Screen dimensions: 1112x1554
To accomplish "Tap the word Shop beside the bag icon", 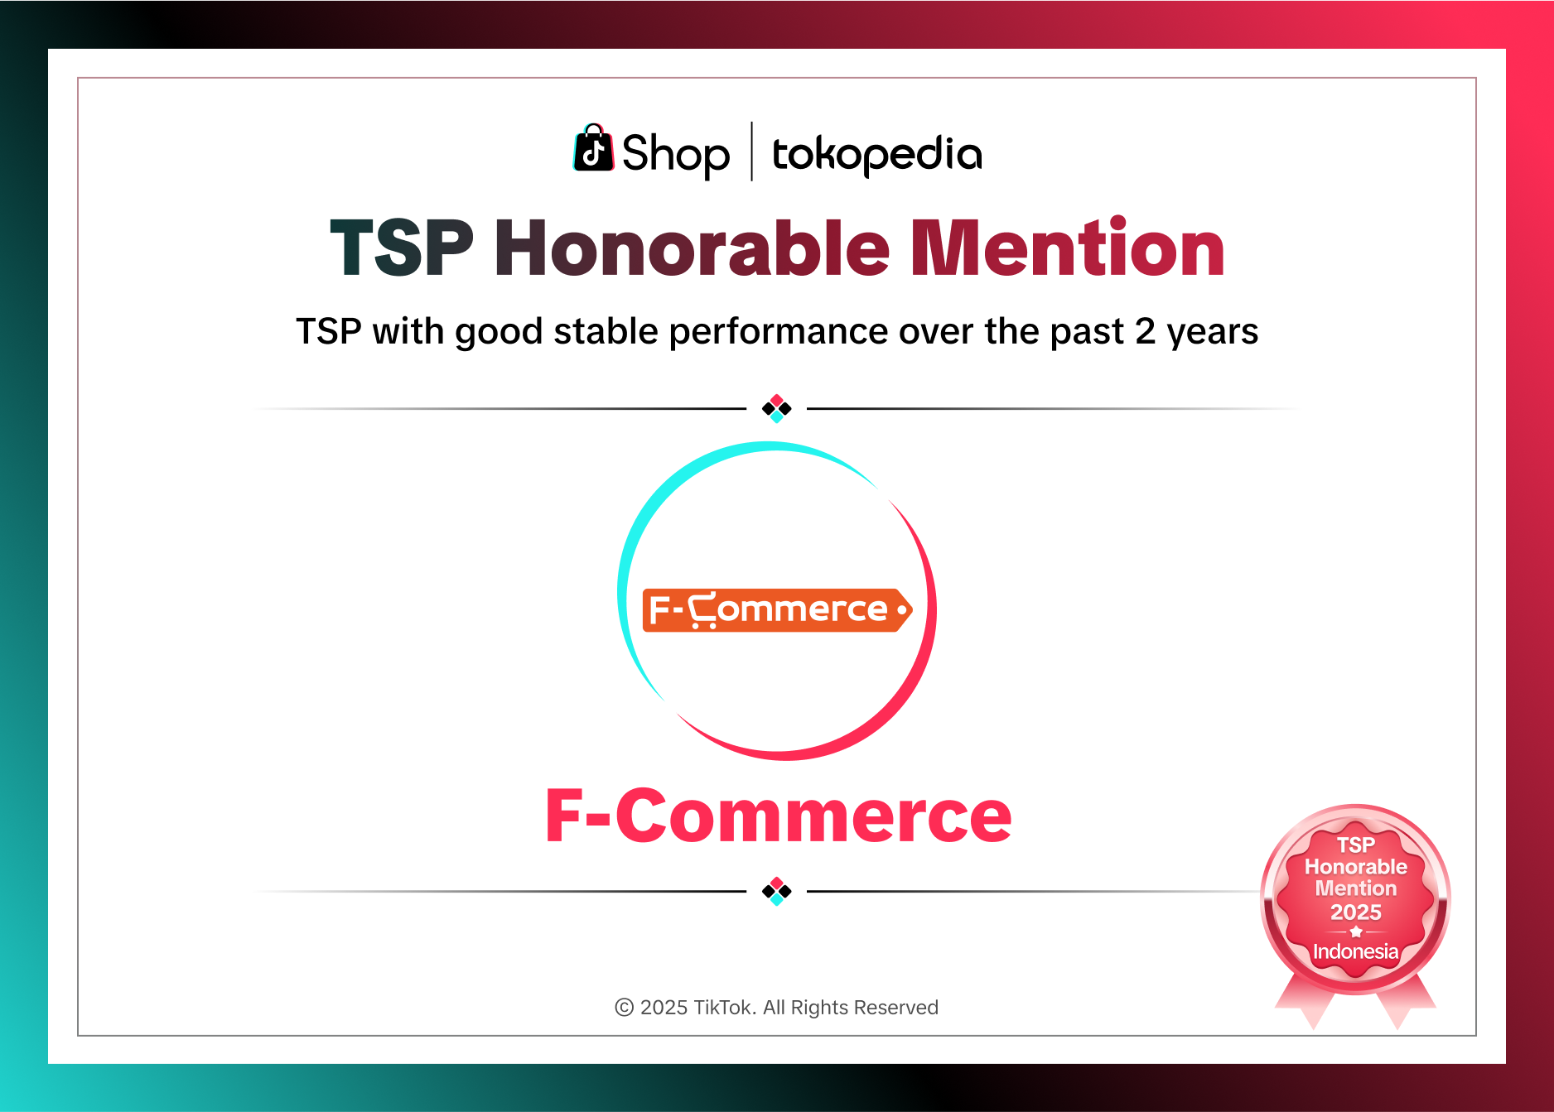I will (x=675, y=154).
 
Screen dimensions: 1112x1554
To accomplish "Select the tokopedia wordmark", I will (x=876, y=154).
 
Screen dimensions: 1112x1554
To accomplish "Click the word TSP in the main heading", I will (x=402, y=248).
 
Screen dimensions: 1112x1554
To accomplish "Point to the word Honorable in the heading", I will (x=692, y=248).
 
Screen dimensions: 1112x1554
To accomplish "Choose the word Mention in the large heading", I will (x=1067, y=248).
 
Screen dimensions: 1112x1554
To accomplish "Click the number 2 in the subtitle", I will (x=1145, y=331).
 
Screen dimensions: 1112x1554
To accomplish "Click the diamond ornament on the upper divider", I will (x=777, y=408).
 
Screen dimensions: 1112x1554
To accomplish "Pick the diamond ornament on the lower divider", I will (x=777, y=891).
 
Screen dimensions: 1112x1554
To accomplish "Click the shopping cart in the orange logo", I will (x=704, y=609).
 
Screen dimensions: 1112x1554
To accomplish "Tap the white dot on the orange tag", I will (x=902, y=610).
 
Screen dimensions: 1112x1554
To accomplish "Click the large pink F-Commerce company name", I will (x=778, y=816).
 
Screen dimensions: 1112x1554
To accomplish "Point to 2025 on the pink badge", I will (x=1355, y=912).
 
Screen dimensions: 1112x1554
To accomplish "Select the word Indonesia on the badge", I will (x=1355, y=951).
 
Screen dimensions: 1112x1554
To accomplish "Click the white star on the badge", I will (x=1355, y=931).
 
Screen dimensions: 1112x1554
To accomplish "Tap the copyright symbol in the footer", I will (x=624, y=1007).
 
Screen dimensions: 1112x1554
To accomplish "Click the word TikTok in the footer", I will (x=723, y=1007).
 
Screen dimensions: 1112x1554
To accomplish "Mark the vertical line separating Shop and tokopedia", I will (x=751, y=152).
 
